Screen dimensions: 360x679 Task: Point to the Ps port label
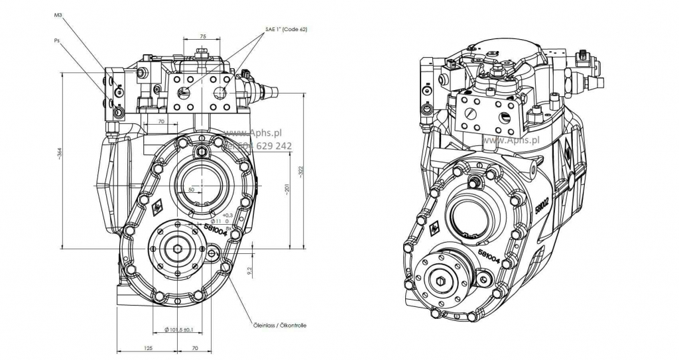pos(57,40)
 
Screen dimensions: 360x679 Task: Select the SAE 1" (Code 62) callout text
pos(286,30)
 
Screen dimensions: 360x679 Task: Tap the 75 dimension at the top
pos(202,37)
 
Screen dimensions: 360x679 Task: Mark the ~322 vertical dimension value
pos(300,170)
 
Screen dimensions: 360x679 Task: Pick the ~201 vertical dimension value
pos(286,189)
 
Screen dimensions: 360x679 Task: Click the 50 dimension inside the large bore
pos(192,190)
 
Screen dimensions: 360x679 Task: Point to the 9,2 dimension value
pos(249,270)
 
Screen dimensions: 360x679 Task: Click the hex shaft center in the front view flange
pos(178,249)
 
